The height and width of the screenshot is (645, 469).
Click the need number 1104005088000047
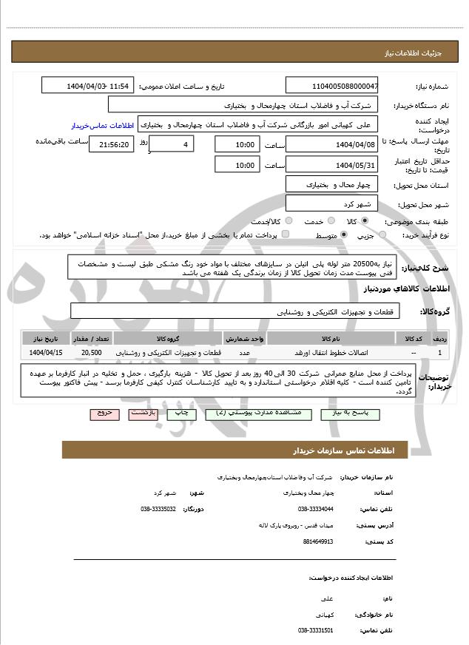pos(331,86)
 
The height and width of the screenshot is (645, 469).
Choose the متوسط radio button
pos(344,235)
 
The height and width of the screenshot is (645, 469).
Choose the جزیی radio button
pos(382,235)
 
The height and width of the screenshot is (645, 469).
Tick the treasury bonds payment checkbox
pos(286,234)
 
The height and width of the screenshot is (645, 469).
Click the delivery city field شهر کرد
pos(331,203)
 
